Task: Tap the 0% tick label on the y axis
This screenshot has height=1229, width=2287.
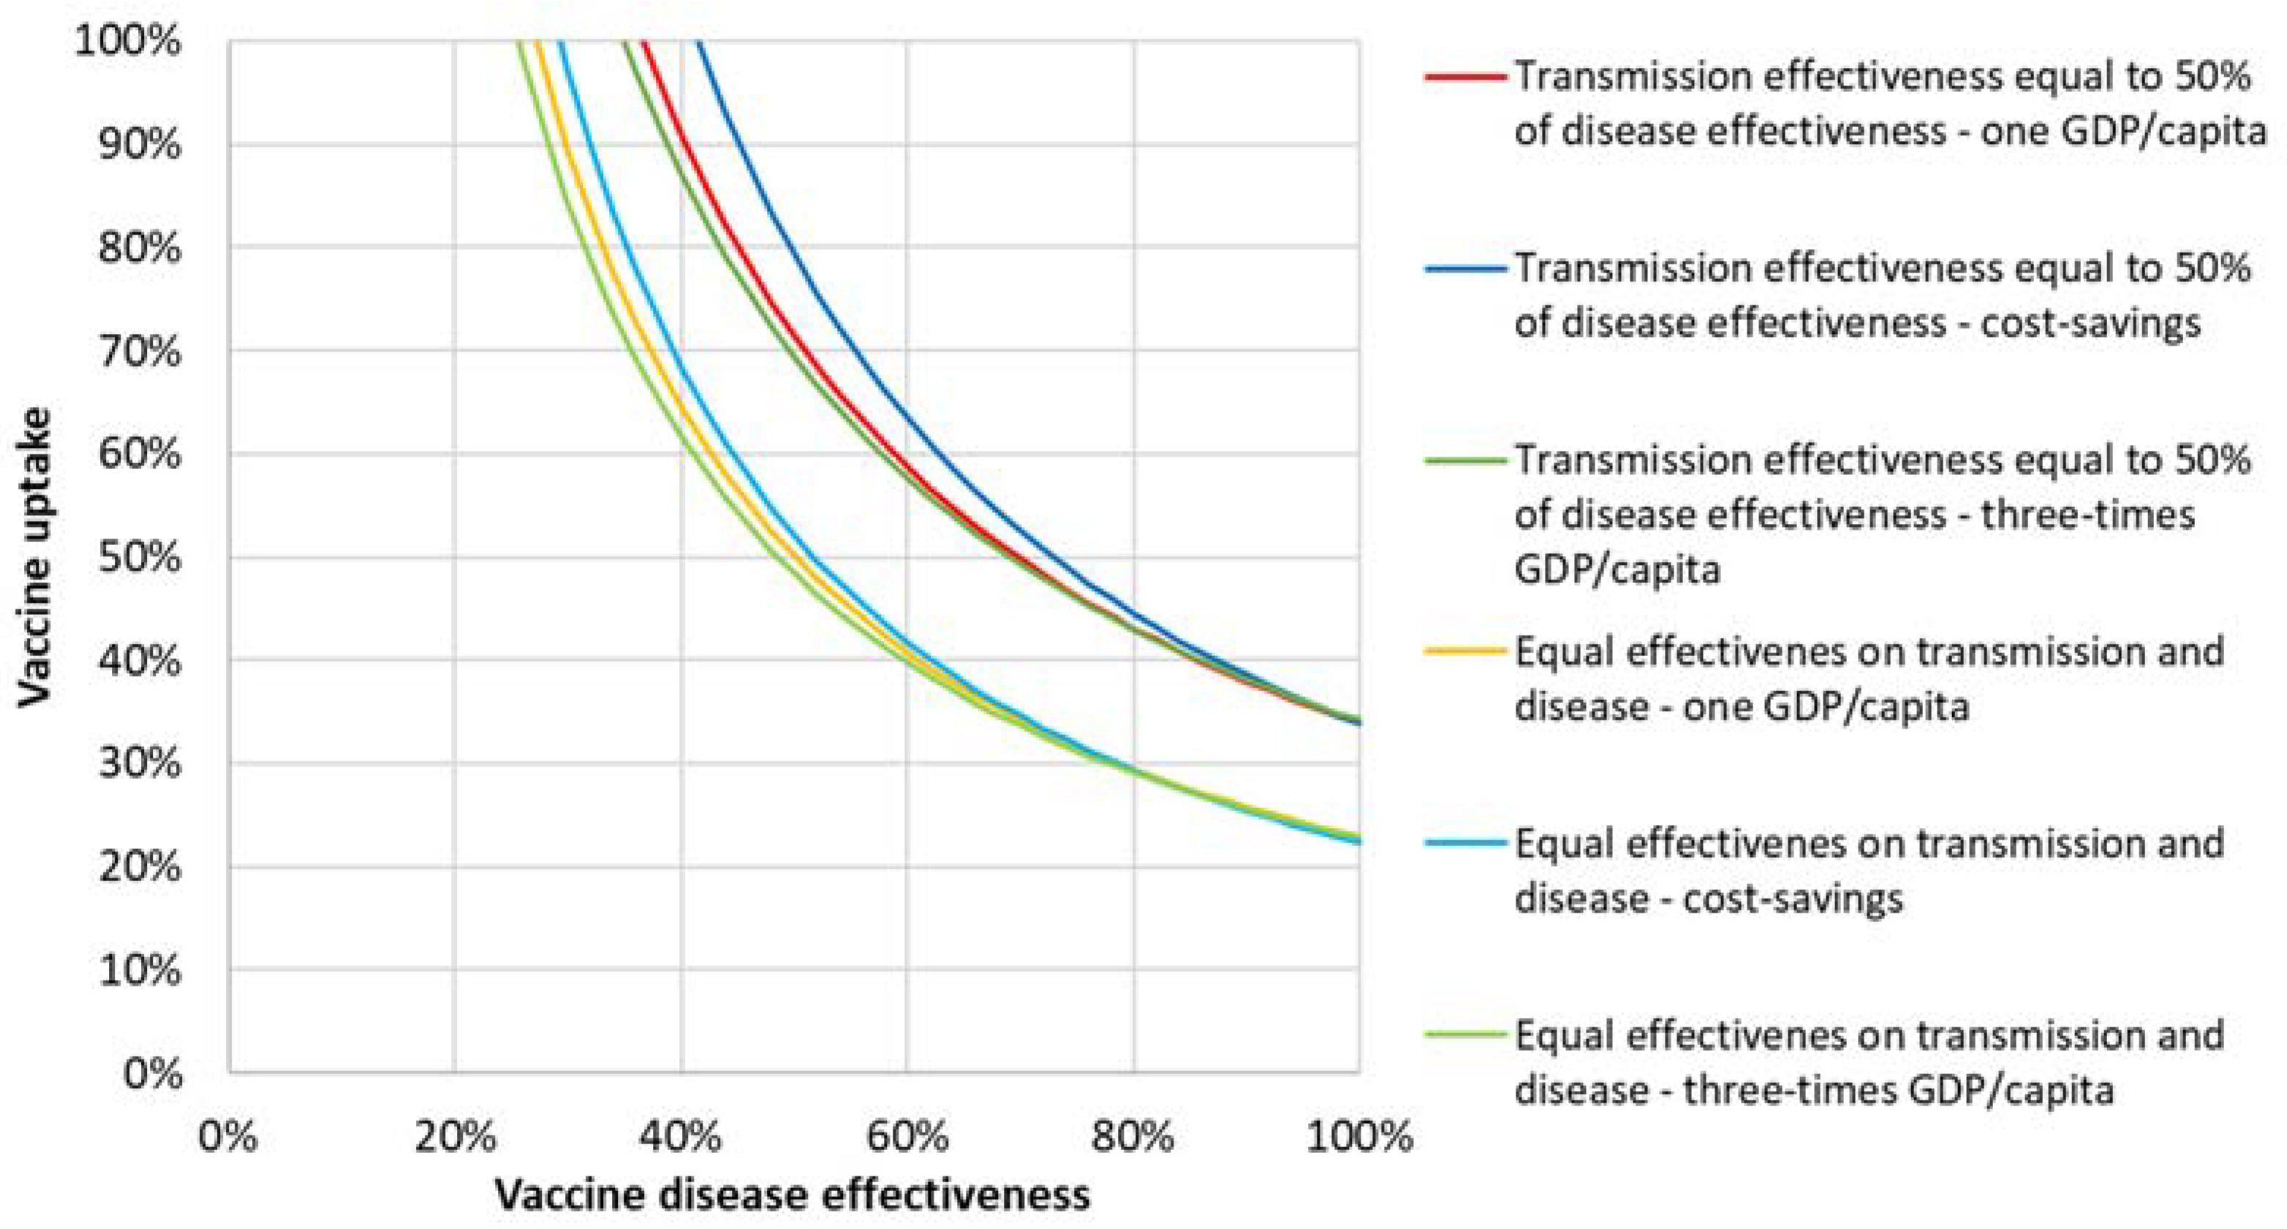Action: point(152,1073)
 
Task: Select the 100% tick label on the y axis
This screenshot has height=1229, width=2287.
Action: point(128,41)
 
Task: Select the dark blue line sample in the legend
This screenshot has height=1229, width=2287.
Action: point(1466,269)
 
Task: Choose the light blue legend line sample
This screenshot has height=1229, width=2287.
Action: point(1466,843)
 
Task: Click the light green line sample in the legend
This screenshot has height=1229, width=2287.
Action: point(1466,1035)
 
